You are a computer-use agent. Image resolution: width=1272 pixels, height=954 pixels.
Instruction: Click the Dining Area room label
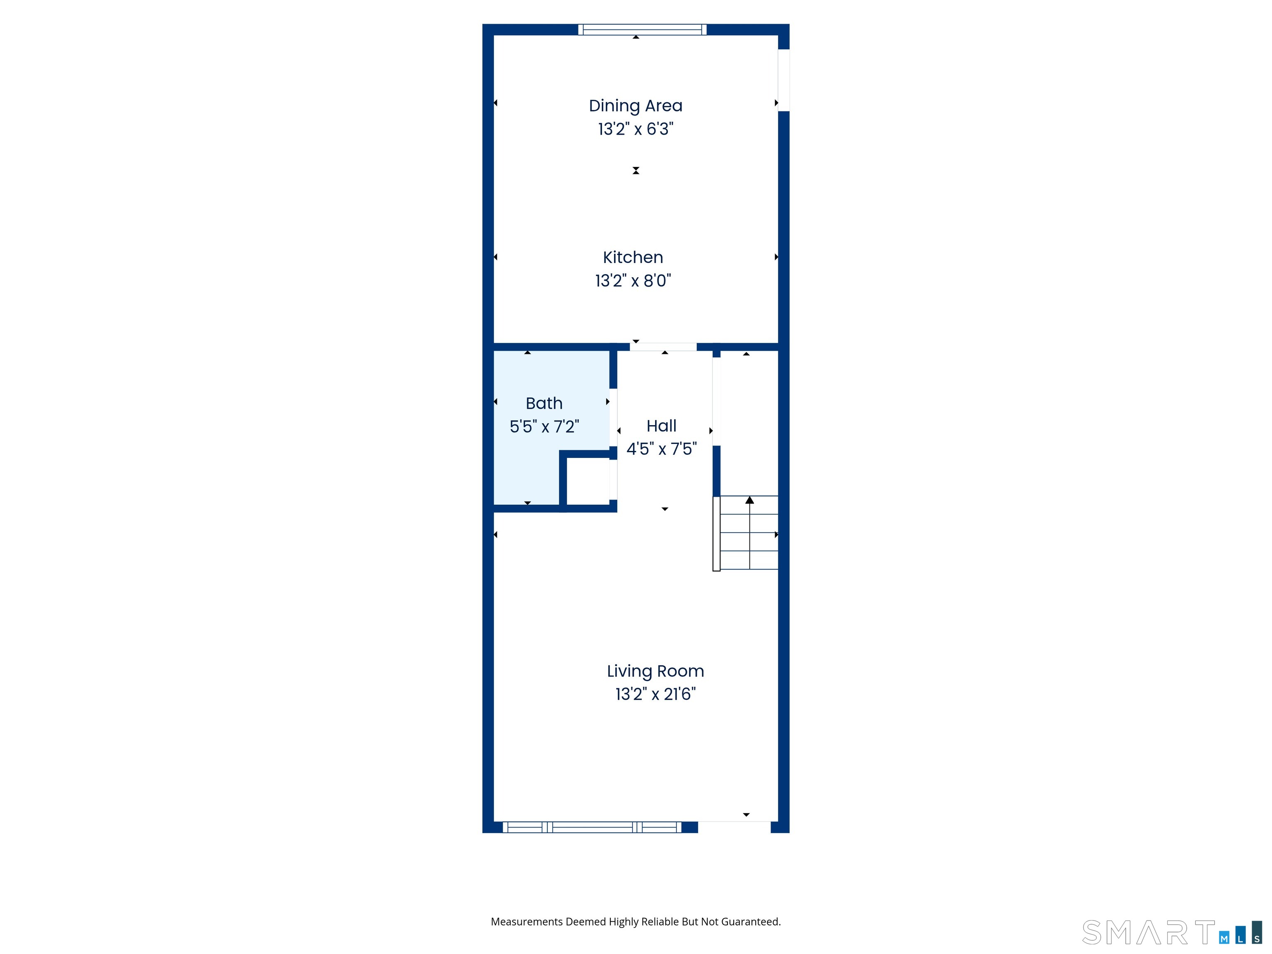(636, 106)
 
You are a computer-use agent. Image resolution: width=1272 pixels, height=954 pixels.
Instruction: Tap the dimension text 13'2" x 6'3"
(636, 129)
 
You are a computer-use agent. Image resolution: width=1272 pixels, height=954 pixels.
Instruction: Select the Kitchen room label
(633, 257)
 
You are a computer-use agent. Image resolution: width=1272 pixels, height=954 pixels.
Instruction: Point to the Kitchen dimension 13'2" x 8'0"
(633, 281)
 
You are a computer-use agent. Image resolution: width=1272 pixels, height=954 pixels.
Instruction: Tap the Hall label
(661, 426)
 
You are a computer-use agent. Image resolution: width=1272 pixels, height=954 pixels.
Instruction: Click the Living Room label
(655, 671)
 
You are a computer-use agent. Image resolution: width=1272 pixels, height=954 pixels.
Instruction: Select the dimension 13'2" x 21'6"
(655, 694)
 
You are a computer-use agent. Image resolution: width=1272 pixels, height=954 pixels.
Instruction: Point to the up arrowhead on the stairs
(749, 500)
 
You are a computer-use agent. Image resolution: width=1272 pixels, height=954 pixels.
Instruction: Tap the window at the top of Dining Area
(642, 29)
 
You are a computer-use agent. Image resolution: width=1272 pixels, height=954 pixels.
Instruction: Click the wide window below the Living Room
(592, 827)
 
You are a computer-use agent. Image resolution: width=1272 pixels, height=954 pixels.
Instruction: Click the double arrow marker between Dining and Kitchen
(636, 171)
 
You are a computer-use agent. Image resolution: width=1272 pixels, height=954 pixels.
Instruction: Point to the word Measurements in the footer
(526, 922)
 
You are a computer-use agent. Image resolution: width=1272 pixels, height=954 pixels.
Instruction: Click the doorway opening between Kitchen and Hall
(663, 347)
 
